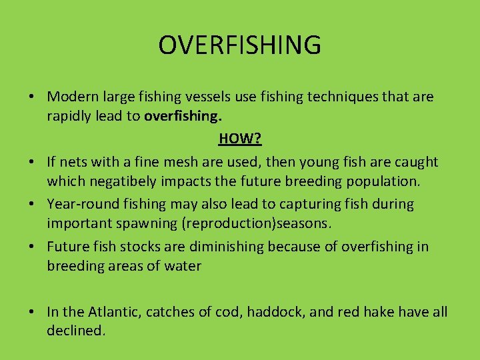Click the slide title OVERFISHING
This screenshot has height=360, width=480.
coord(240,45)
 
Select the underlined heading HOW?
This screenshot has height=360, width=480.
coord(240,139)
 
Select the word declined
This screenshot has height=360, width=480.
coord(75,331)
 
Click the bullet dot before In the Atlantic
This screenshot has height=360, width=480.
coord(32,312)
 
